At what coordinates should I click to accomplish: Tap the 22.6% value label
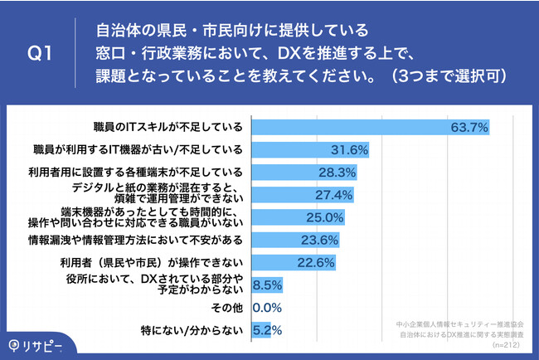click(317, 263)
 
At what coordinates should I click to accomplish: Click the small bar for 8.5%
click(266, 285)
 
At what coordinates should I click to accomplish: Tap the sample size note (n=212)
click(507, 343)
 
